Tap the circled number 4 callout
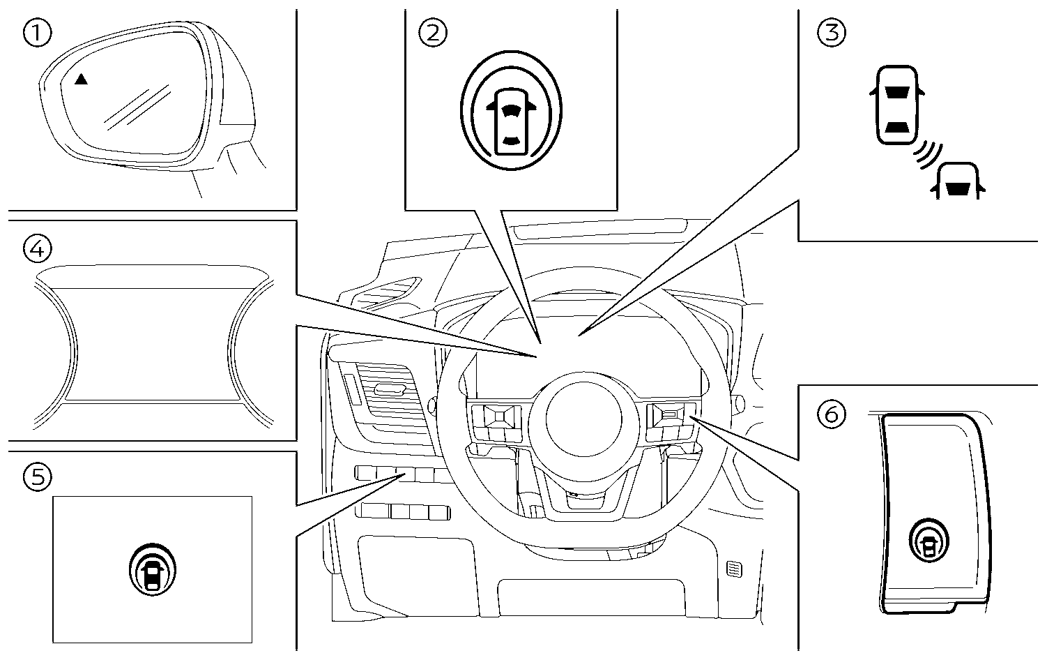click(37, 247)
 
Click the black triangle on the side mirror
click(82, 80)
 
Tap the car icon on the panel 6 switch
click(930, 541)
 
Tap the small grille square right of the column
click(733, 569)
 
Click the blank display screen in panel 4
click(153, 338)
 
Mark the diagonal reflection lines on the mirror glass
click(138, 106)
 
